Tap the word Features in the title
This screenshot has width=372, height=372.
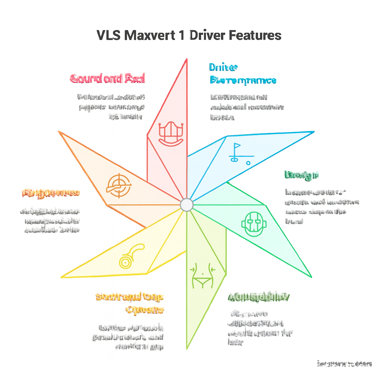[255, 36]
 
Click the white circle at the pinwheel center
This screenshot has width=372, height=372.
[186, 205]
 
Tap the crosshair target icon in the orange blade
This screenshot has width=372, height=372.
[117, 185]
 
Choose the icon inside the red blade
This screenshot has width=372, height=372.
[170, 134]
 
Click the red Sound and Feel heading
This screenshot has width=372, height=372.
[107, 78]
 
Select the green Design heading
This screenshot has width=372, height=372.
[302, 175]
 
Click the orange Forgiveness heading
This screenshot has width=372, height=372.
[51, 193]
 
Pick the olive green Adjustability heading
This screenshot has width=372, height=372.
[259, 297]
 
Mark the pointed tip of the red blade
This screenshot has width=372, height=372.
[187, 60]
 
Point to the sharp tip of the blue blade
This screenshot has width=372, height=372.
[314, 132]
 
